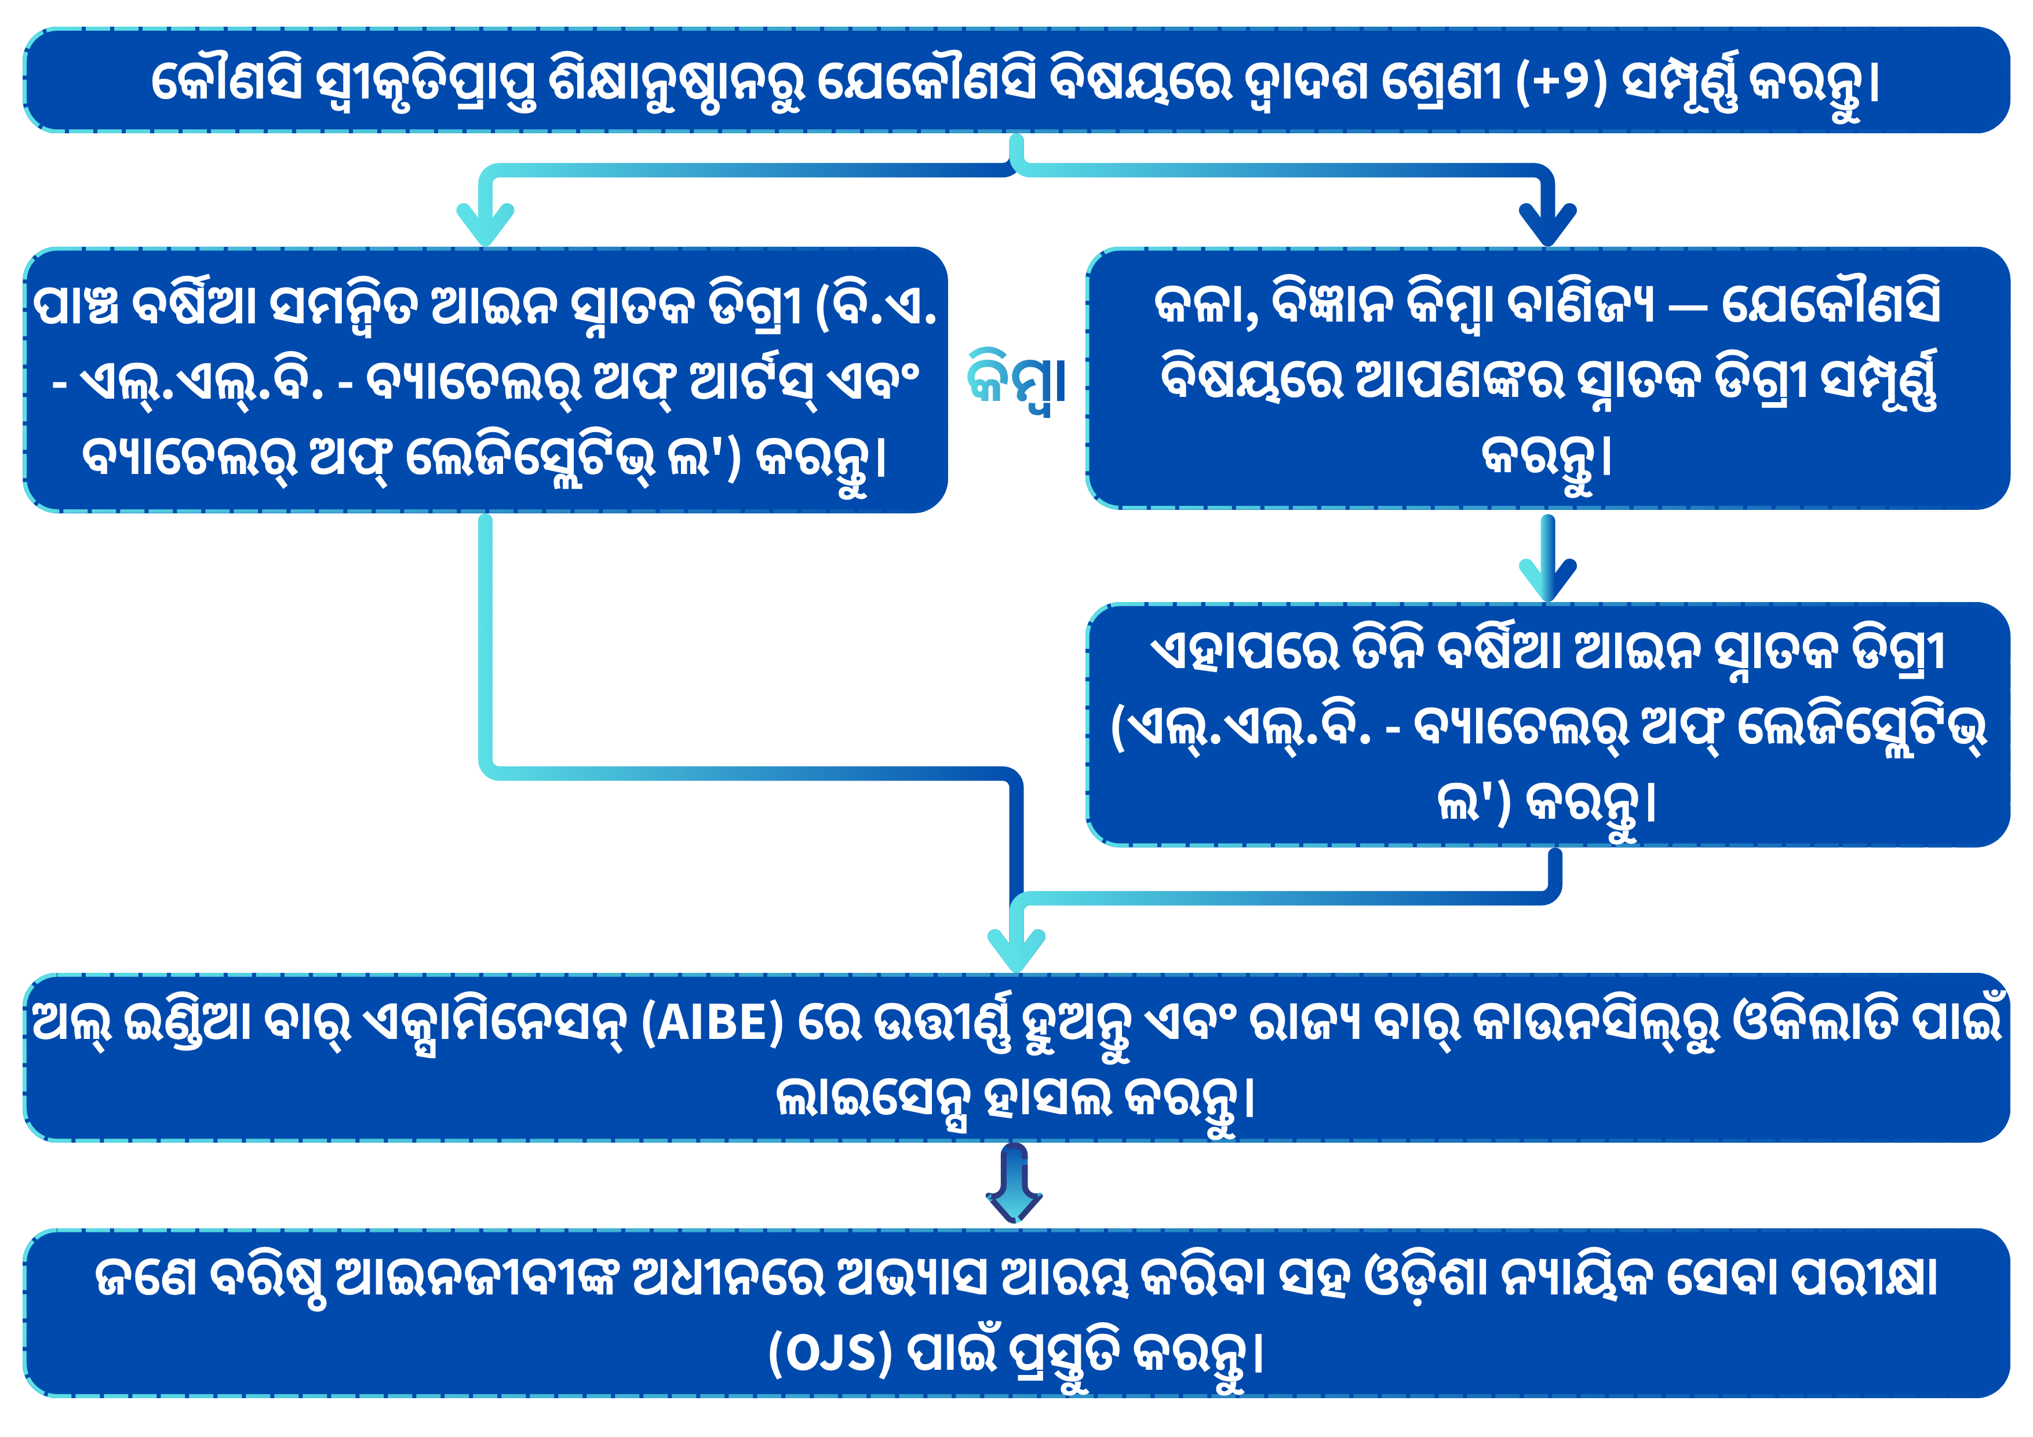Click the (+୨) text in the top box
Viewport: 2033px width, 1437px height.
tap(1561, 82)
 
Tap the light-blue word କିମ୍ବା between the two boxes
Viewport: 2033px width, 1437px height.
tap(1016, 382)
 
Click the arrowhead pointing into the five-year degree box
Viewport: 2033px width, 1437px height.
tap(485, 224)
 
